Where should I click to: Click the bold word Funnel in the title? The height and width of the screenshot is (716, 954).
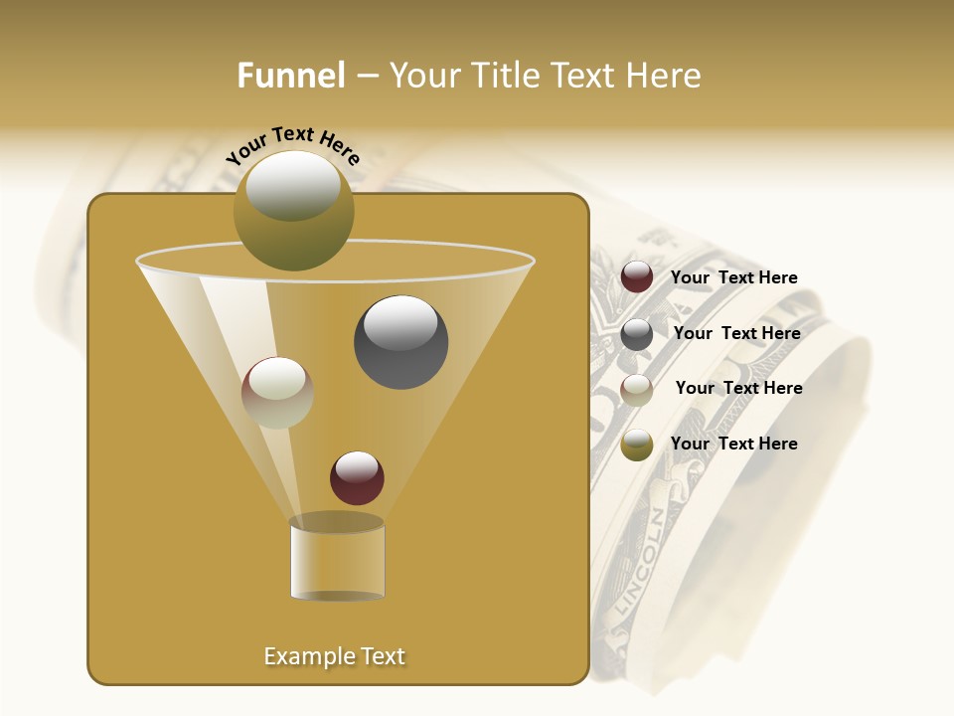(290, 76)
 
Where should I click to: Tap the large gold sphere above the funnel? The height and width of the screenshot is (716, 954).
(293, 210)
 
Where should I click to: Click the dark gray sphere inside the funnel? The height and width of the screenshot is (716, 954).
(400, 342)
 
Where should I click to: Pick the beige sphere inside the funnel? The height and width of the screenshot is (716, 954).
(277, 393)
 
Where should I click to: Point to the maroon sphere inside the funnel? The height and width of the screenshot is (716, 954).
(357, 478)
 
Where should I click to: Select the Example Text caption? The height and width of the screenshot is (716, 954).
(334, 656)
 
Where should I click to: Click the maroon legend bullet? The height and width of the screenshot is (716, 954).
(637, 277)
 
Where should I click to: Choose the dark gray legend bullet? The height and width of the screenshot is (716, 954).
(637, 334)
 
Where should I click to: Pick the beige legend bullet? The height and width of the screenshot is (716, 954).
(637, 389)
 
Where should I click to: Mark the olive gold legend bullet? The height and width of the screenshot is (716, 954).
(637, 445)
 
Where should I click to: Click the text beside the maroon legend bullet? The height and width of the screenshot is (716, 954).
(733, 278)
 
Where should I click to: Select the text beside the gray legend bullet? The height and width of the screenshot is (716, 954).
(736, 334)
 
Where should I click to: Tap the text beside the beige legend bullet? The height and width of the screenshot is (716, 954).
(738, 389)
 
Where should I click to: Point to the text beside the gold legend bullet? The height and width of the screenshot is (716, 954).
(733, 445)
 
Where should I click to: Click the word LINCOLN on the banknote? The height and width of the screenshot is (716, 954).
(637, 563)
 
